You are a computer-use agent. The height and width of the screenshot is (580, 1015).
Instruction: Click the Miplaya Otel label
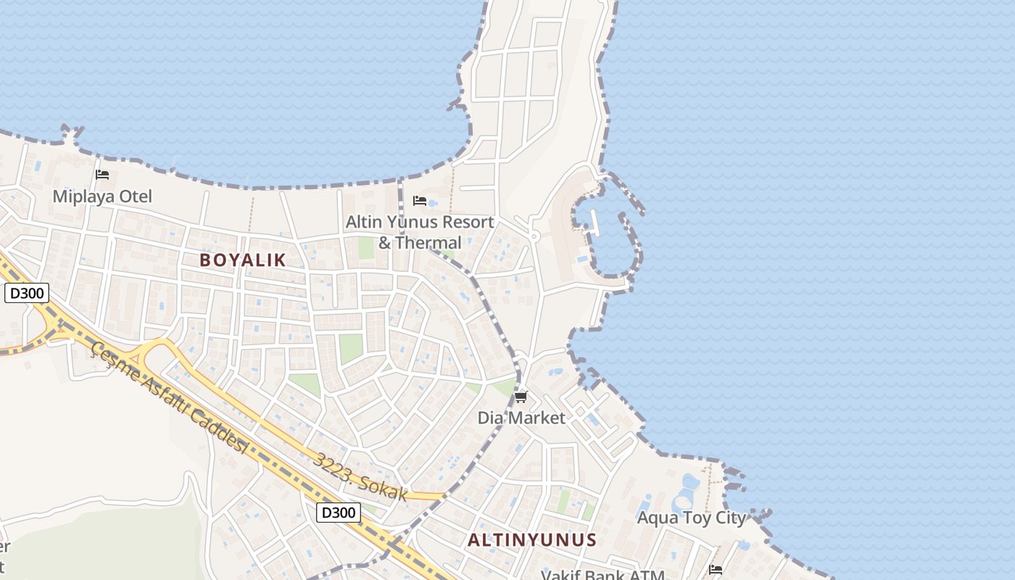102,196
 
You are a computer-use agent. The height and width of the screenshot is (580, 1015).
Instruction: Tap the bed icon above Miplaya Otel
102,175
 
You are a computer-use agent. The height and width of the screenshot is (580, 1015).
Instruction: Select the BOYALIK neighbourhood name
243,260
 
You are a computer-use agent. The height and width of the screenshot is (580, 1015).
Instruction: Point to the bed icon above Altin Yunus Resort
419,201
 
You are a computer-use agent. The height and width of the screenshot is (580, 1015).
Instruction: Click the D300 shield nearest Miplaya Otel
27,294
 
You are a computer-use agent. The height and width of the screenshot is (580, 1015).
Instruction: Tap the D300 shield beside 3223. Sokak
339,513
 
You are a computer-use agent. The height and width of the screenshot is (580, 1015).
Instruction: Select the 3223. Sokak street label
360,477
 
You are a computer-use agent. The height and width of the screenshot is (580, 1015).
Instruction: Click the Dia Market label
521,418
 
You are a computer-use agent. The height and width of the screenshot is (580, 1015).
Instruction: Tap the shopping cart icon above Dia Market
521,397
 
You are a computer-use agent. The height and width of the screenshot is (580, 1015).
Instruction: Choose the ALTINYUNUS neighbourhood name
532,540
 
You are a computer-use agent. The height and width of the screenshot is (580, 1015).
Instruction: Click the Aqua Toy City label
691,518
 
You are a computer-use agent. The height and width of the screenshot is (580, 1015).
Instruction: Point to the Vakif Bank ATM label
602,575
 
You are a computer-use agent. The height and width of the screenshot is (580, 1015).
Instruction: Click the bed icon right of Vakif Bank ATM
716,570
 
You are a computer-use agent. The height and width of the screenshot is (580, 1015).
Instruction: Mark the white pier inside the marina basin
595,223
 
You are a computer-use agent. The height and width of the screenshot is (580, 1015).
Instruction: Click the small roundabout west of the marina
534,236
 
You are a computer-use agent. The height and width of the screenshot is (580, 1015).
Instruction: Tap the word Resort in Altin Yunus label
460,222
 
